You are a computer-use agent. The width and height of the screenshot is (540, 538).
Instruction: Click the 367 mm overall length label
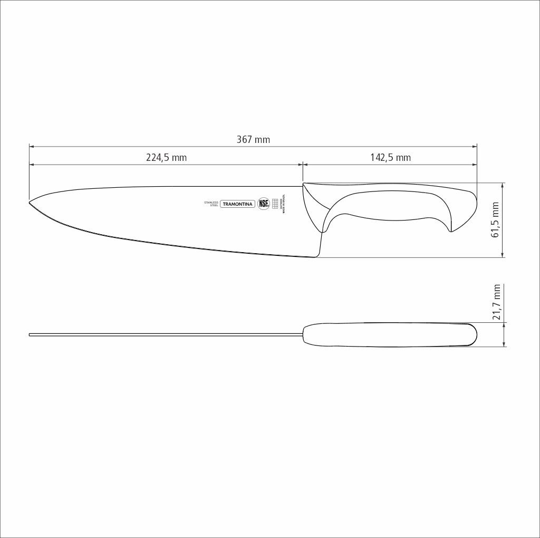coord(253,140)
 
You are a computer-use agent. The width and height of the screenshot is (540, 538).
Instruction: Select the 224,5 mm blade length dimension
coord(166,157)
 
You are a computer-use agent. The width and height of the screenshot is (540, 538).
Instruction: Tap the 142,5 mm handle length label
coord(390,157)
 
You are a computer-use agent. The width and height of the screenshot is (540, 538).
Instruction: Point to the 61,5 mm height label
coord(496,219)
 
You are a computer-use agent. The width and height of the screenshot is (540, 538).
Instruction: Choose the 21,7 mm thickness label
coord(496,302)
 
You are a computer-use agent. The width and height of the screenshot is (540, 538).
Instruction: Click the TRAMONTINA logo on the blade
coord(237,204)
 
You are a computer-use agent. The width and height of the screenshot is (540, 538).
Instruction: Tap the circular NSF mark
coord(263,204)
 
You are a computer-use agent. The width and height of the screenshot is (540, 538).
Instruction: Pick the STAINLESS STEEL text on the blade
coord(211,204)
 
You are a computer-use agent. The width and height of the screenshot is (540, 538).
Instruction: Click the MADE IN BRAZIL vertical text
coord(283,204)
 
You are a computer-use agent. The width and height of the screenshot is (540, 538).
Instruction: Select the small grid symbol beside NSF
coord(275,204)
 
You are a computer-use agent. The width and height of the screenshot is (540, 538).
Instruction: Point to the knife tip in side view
coord(30,201)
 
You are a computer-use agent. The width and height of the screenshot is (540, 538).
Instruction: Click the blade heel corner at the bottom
coord(315,256)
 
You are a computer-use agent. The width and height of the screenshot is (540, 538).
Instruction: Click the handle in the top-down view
coord(390,334)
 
